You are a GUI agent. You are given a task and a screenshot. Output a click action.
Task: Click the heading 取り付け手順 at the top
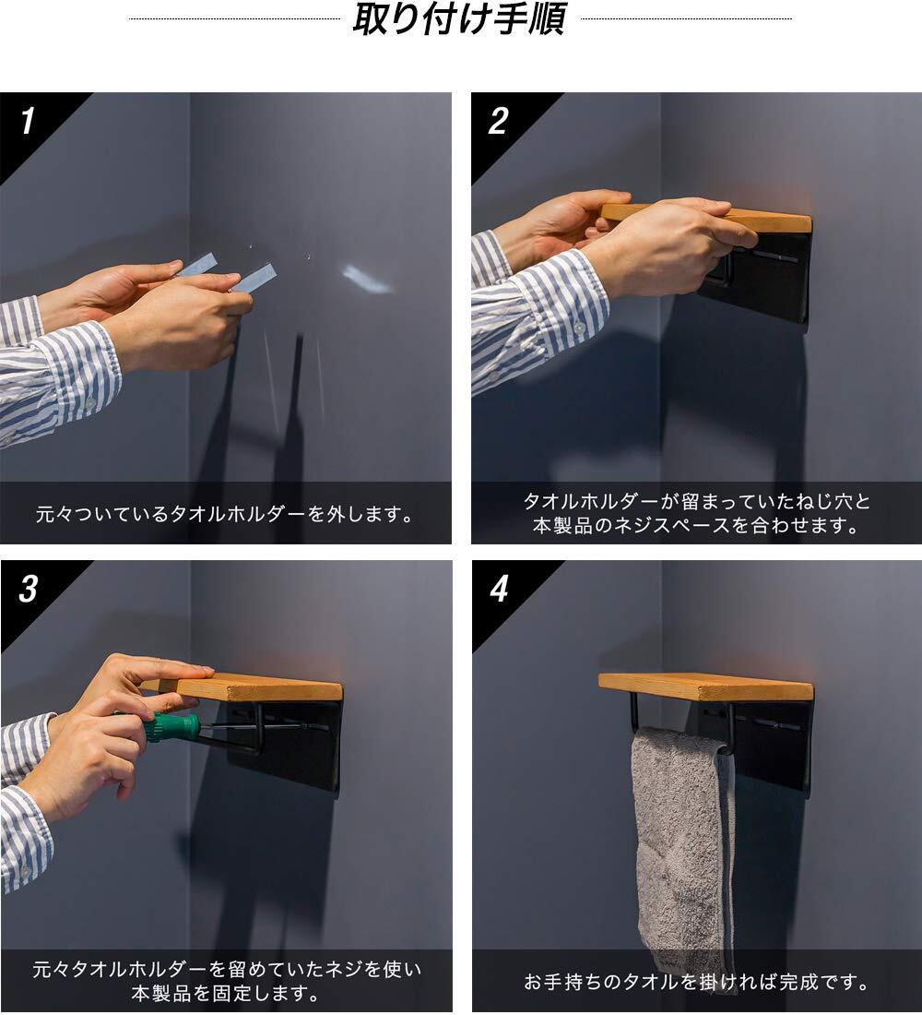coord(459,18)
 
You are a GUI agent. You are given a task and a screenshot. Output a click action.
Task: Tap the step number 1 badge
coord(27,121)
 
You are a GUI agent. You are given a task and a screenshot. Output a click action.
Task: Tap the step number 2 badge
coord(498,121)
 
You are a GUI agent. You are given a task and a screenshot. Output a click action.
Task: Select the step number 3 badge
coord(28,589)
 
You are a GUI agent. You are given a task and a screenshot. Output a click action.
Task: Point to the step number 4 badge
coord(499,589)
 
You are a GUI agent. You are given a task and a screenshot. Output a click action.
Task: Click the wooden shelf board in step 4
coord(705,687)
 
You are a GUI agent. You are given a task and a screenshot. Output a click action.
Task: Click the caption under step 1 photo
coord(224,514)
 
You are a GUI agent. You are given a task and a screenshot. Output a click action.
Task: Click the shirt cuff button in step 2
coord(579,328)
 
